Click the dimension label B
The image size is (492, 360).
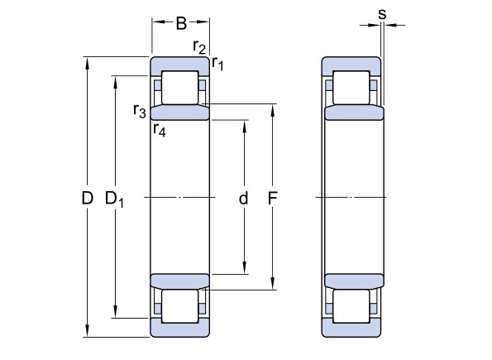(181, 23)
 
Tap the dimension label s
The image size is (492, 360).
(382, 14)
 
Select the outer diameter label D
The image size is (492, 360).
(87, 199)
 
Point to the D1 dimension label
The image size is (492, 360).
(114, 199)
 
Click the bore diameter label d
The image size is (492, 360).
(243, 199)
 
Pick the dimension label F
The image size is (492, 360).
(272, 199)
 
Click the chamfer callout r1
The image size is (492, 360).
(217, 64)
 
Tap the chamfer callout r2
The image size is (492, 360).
(199, 47)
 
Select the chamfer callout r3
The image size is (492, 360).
(140, 111)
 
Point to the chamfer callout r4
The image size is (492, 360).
(160, 130)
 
